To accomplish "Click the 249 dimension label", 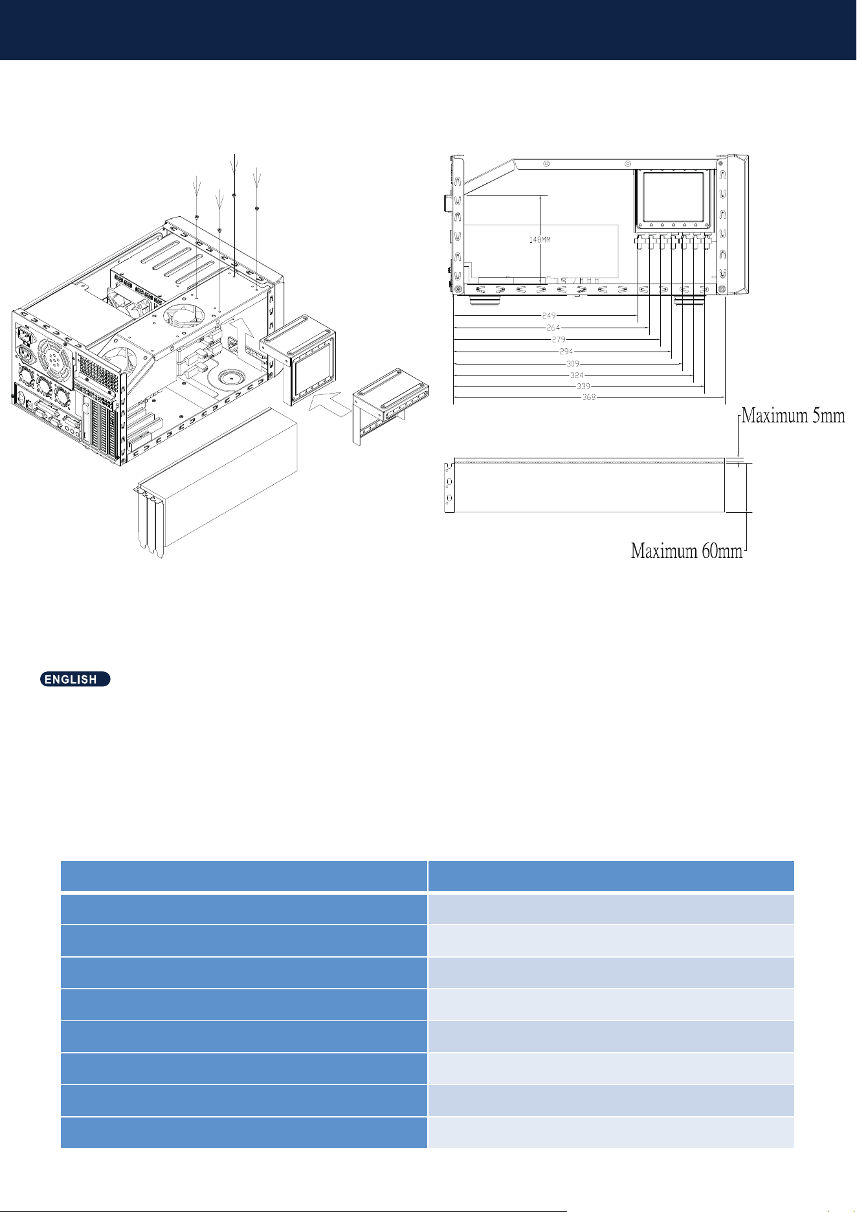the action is [x=549, y=316].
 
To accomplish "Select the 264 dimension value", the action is [x=553, y=328].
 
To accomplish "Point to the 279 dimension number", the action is [x=559, y=339].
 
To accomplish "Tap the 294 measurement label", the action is [x=566, y=352].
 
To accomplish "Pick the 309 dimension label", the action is [x=573, y=364].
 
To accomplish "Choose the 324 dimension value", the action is [x=577, y=376].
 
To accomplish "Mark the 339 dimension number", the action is [x=583, y=387].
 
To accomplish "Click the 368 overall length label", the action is [x=589, y=398].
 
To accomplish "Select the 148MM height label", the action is [x=540, y=240].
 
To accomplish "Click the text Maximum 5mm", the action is [x=793, y=415].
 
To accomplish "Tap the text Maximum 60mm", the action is [x=687, y=551].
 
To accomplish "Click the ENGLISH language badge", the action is [x=75, y=679].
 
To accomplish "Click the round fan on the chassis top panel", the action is [x=184, y=317].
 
